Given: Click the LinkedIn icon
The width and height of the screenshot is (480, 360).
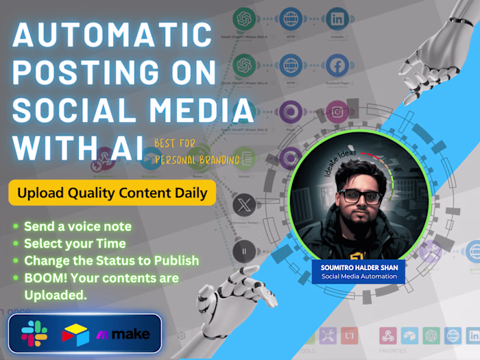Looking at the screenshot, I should pos(337,19).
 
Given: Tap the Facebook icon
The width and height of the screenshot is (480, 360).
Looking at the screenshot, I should pos(337,66).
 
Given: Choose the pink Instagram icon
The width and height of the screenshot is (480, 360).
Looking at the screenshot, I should pos(337,111).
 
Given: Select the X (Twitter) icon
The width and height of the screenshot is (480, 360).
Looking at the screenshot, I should pos(243,204).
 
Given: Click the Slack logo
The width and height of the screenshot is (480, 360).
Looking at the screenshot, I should pos(34,335).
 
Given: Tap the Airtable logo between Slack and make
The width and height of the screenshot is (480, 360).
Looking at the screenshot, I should pos(75,335).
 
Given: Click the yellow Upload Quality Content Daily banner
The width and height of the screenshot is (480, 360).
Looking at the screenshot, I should pos(112,193).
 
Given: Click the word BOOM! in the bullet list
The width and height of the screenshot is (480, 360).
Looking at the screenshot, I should pos(44,278).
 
